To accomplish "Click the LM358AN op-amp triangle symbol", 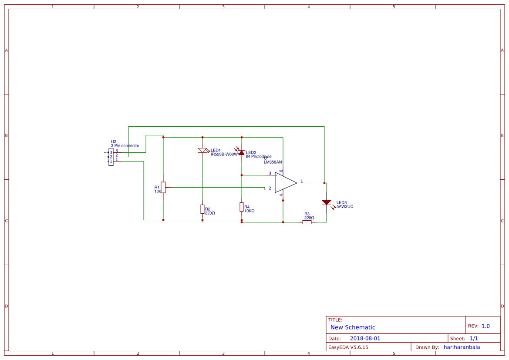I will [285, 182].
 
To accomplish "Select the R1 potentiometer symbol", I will [163, 187].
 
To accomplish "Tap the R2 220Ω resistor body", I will [202, 209].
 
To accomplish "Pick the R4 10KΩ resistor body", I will [242, 207].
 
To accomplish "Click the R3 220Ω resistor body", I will [307, 222].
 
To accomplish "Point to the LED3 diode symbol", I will [327, 202].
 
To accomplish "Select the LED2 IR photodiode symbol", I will [242, 152].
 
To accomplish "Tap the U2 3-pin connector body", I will [111, 157].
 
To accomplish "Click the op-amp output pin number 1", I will [302, 181].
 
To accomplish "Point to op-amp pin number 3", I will [270, 173].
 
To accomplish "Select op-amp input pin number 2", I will [270, 188].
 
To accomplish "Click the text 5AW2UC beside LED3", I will [345, 207].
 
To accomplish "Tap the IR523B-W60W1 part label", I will [225, 154].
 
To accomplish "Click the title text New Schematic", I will [353, 327].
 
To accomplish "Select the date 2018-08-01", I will [365, 338].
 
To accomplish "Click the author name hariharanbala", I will [462, 347].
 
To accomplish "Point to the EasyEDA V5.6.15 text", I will [348, 347].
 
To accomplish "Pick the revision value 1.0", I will [485, 326].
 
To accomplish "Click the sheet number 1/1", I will [474, 338].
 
